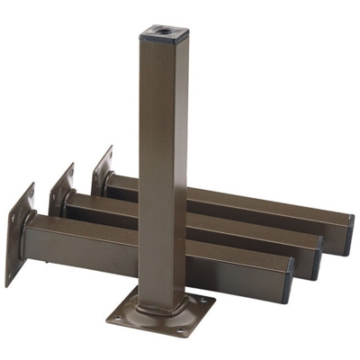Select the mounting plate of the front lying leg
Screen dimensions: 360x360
(x=18, y=236)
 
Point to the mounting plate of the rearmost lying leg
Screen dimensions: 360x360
(x=101, y=170)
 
